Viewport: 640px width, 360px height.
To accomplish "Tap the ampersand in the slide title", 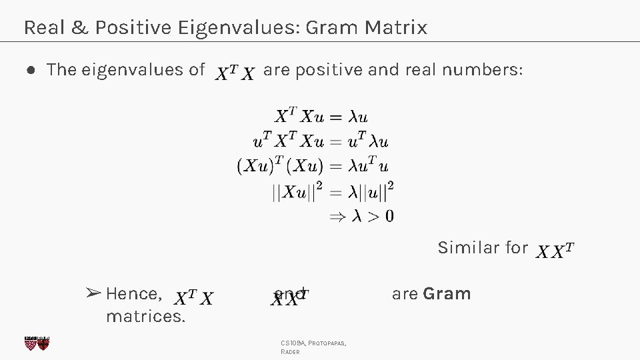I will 83,28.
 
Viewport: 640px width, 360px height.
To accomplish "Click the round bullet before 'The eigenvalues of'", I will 31,70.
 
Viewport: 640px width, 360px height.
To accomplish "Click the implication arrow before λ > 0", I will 337,216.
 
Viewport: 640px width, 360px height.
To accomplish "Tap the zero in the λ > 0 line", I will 389,216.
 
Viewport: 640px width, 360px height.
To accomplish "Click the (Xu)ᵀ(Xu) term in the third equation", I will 280,166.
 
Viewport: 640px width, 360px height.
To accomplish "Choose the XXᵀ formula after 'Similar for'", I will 555,251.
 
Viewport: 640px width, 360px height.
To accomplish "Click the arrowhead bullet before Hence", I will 93,293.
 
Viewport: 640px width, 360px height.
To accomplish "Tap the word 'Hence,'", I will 134,294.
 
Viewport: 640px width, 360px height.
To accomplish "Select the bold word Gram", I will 447,294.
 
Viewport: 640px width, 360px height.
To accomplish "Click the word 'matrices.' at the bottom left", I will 145,316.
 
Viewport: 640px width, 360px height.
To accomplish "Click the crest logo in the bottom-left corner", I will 37,343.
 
